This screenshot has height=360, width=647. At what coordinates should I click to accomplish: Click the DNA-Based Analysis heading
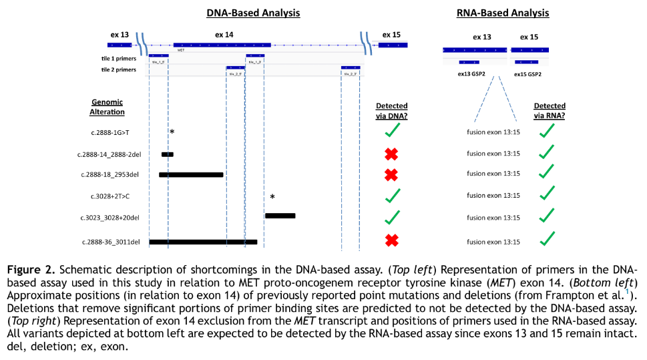(x=253, y=13)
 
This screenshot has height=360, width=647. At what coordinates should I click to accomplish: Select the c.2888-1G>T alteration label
(x=110, y=132)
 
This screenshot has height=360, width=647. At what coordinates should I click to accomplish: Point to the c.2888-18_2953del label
(x=109, y=174)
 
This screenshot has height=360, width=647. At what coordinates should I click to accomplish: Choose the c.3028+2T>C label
(x=110, y=196)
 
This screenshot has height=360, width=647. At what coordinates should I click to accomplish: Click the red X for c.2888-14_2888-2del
(x=392, y=154)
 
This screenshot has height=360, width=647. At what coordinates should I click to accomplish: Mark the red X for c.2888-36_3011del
(x=392, y=239)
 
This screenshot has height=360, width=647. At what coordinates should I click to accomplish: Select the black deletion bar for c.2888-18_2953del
(x=191, y=174)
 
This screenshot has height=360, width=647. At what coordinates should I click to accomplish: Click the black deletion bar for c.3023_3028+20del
(x=280, y=216)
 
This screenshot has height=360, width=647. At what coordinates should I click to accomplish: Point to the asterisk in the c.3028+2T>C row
(x=272, y=197)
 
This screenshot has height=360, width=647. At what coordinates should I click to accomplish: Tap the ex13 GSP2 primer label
(x=471, y=74)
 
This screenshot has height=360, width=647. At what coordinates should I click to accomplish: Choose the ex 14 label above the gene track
(x=224, y=34)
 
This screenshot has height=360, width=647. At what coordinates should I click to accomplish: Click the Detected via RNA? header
(x=550, y=110)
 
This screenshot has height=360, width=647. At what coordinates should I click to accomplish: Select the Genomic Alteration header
(x=107, y=107)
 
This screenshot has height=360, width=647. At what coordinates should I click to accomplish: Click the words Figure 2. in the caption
(x=31, y=269)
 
